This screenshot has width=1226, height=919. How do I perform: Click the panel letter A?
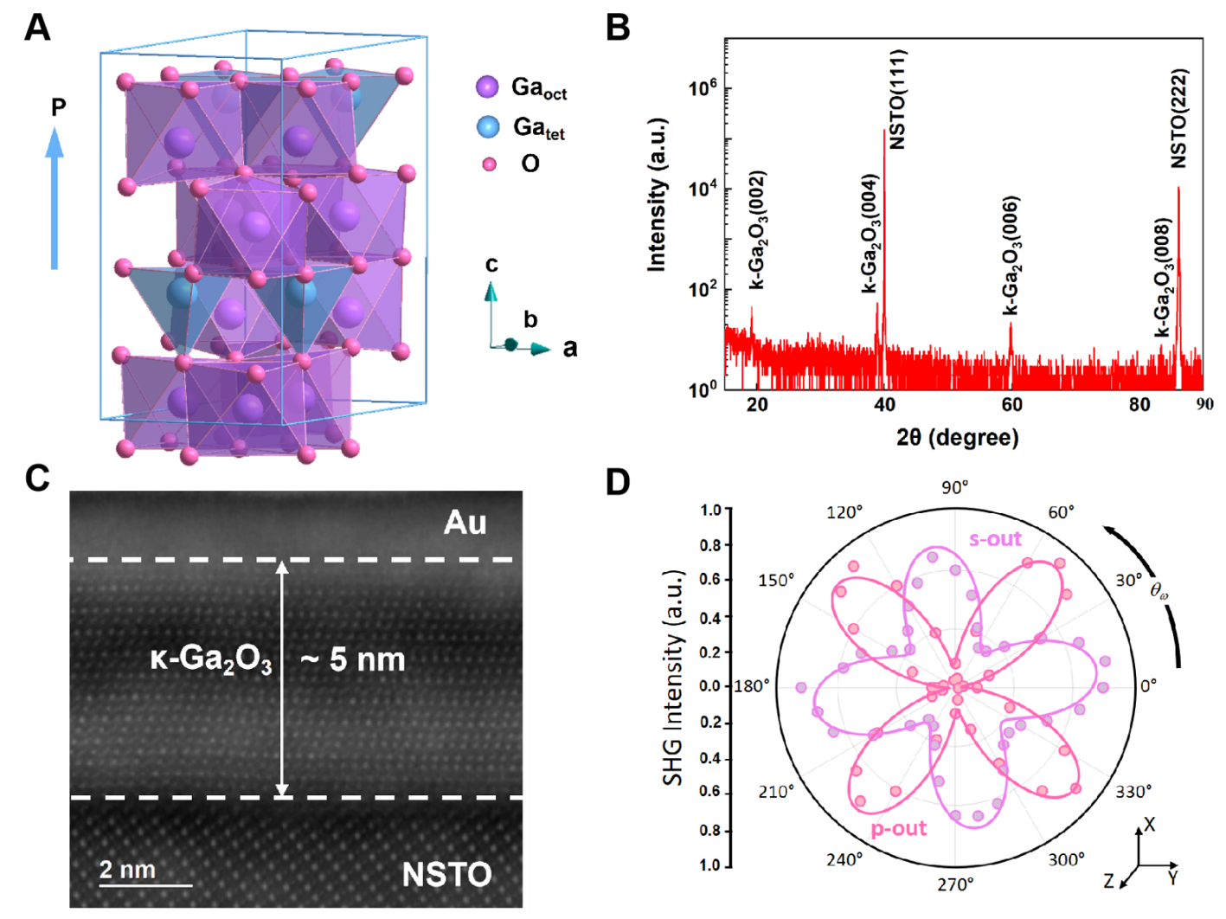coord(37,28)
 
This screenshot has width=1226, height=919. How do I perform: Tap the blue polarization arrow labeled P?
coord(55,199)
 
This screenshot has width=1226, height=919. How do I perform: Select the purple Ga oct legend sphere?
coord(487,87)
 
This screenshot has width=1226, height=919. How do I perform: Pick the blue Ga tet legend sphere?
coord(488,127)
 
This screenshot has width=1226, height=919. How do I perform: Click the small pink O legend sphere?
coord(490,164)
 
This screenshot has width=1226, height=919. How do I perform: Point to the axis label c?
coord(491,264)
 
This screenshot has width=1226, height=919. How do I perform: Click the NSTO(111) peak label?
coord(897,100)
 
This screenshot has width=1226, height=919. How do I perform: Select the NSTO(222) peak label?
coord(1178,119)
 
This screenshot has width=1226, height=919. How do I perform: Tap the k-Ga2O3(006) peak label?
coord(1011,256)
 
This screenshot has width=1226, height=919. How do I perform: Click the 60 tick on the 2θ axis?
coord(1011,404)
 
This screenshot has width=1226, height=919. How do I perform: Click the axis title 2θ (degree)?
coord(957,437)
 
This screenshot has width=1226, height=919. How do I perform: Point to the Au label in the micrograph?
coord(465,523)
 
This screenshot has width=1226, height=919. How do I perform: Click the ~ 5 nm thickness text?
coord(353,660)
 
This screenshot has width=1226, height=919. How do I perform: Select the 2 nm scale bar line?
coord(145,885)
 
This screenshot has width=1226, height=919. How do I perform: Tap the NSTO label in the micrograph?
coord(446,875)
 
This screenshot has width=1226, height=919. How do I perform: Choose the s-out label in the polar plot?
coord(995,539)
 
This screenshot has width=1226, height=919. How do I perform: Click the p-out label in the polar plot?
coord(898,828)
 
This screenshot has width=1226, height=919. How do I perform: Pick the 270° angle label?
coord(955,884)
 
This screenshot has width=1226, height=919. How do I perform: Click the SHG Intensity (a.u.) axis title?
coord(673,678)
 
